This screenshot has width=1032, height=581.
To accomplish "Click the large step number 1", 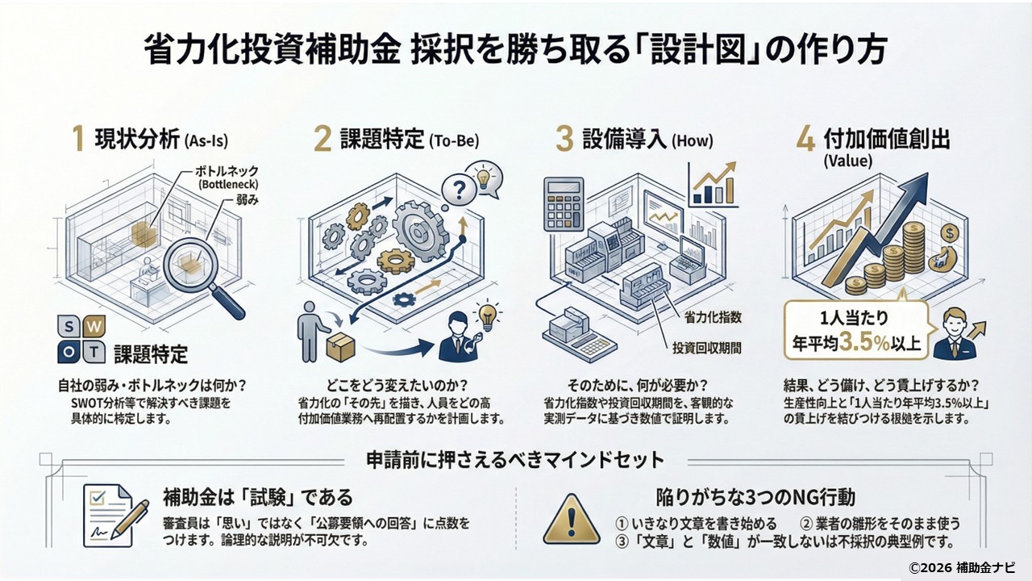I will click(78, 139).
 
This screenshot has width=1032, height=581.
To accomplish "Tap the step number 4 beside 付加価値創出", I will click(805, 139).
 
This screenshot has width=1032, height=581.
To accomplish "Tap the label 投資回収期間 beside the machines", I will click(706, 349).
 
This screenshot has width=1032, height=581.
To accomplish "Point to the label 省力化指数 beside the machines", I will click(713, 317).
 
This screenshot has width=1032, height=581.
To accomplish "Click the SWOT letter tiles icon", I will click(81, 339).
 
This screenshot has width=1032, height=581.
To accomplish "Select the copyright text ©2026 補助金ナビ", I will click(962, 566).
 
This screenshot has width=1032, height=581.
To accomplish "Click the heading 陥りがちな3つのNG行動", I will click(756, 495).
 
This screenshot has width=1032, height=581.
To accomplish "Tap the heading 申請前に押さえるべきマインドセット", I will click(515, 460).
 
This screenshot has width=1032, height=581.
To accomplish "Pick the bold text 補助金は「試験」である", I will click(258, 495).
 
